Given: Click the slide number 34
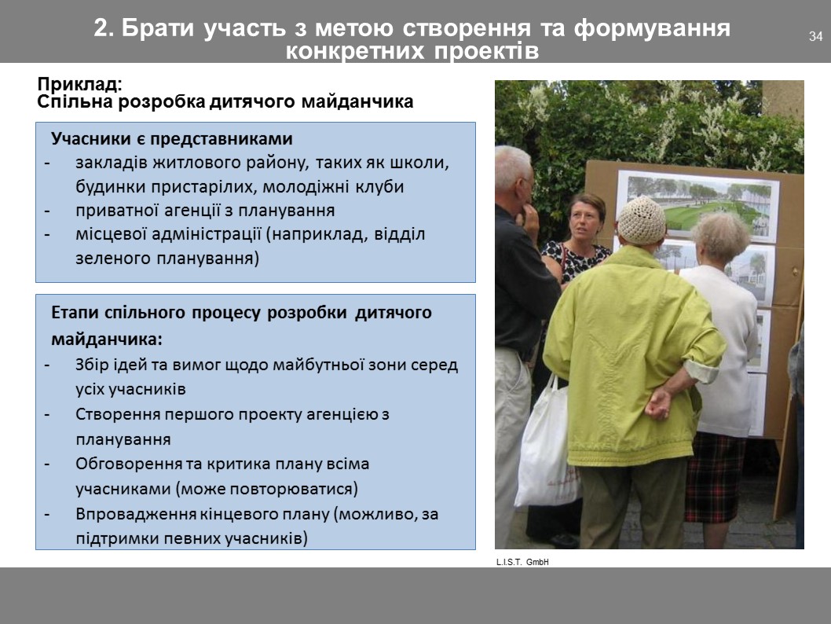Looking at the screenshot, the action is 815,37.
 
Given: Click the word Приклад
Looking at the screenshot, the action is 79,84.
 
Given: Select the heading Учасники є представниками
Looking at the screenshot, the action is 172,138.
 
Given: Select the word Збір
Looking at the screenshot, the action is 91,365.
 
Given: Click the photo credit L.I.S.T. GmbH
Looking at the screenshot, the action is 522,562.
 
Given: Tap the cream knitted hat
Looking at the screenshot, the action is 641,220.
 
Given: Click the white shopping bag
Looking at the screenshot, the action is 546,446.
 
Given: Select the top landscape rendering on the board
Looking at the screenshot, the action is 698,204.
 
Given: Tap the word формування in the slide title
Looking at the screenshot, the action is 653,28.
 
